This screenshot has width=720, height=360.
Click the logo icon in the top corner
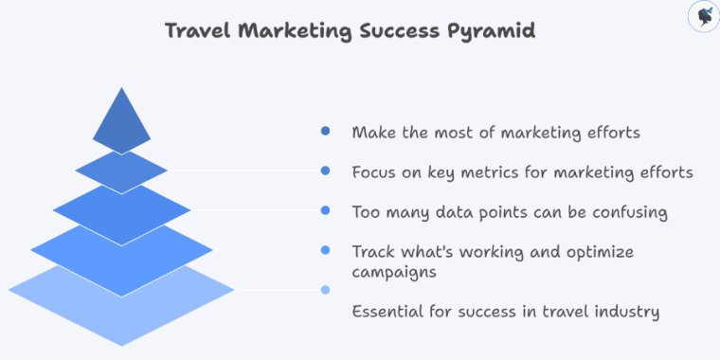pos(703,16)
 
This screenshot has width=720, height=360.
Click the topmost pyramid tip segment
pos(121,123)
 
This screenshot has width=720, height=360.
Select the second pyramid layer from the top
pos(121,171)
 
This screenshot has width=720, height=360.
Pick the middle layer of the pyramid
pos(121,209)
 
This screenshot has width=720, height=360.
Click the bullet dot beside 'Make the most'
pos(326,132)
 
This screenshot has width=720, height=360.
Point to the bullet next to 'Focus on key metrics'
pos(326,171)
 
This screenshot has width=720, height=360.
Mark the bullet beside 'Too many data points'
pos(326,210)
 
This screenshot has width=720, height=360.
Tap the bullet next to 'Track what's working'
pos(326,250)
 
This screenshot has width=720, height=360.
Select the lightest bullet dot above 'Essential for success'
pos(326,290)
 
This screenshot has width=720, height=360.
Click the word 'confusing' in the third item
pos(634,212)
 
